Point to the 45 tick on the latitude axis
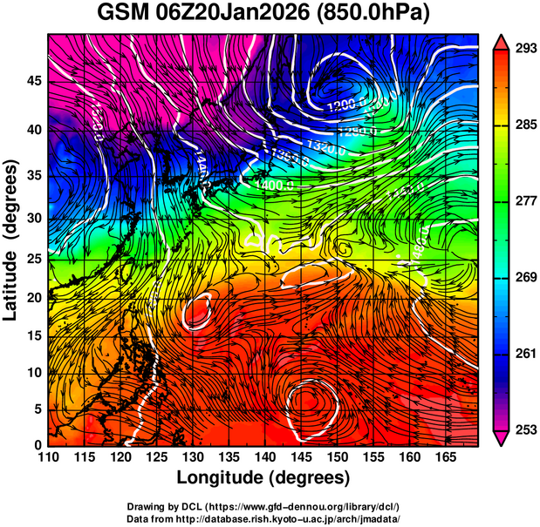coord(35,81)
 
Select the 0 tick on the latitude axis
coord(38,446)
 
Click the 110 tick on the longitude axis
coord(48,457)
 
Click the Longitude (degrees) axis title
coord(263,477)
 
